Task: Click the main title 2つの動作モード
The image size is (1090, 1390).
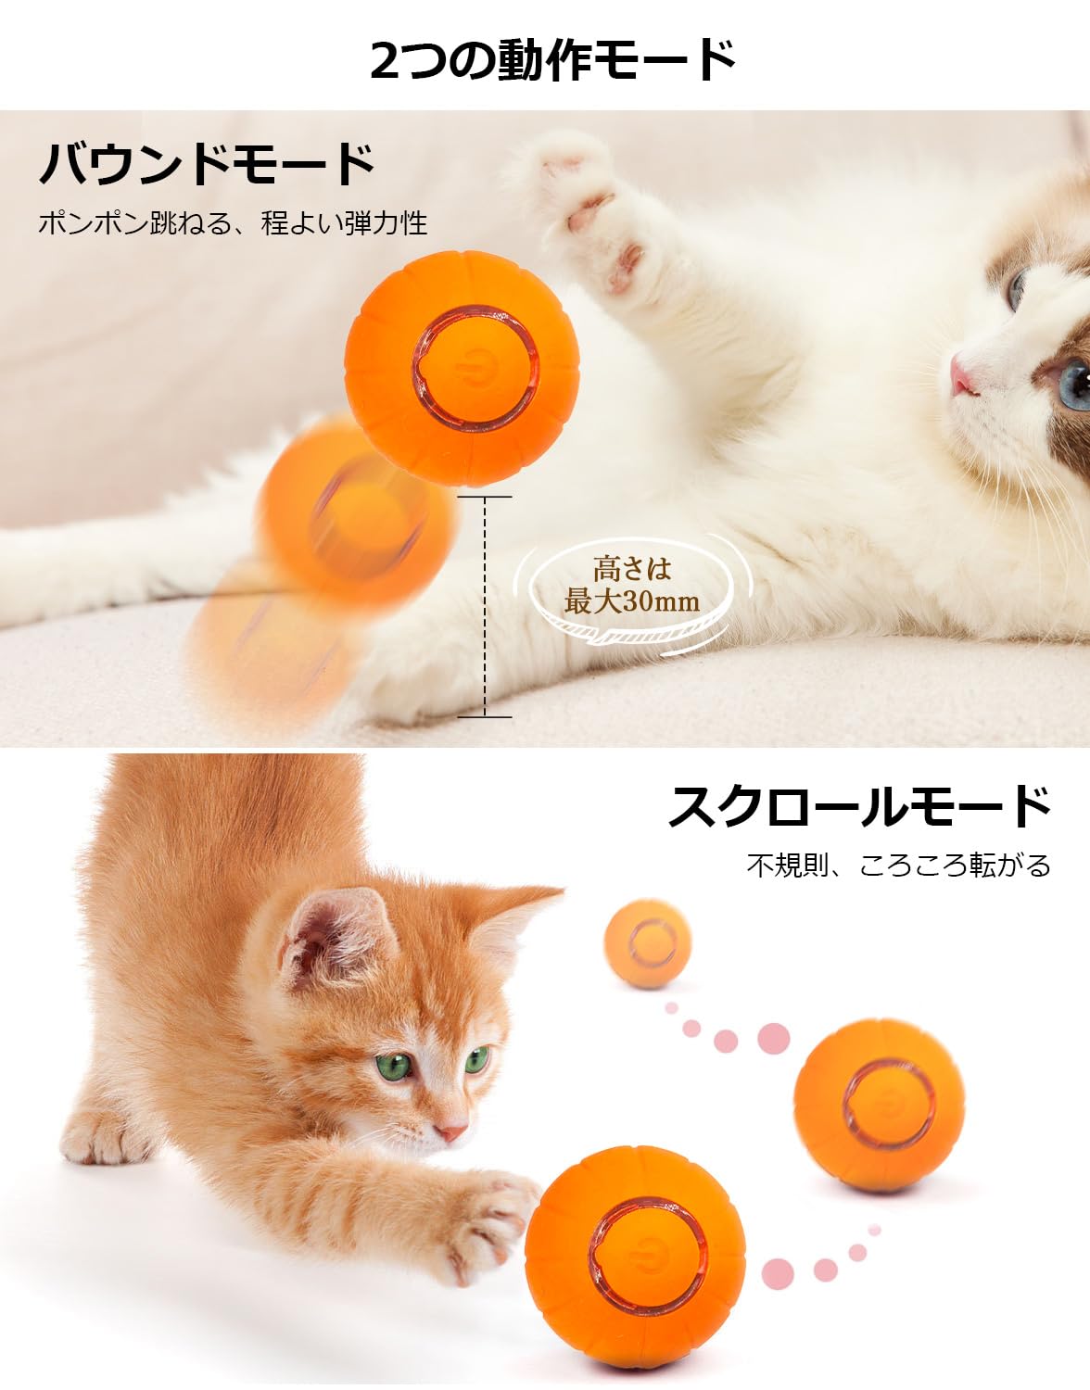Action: click(552, 60)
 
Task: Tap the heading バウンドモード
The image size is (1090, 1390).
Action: click(207, 164)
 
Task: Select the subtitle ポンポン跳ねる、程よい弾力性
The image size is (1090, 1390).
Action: click(233, 223)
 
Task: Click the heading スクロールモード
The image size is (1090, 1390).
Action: click(859, 806)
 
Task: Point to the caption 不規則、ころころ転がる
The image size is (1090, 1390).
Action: click(899, 866)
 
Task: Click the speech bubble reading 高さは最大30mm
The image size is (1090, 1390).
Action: click(632, 586)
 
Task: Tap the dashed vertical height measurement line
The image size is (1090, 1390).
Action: click(485, 607)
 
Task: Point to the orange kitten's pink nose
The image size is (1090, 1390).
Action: click(451, 1132)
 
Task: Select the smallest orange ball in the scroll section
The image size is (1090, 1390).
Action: click(648, 942)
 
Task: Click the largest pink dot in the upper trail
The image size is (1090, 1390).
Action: click(773, 1039)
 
